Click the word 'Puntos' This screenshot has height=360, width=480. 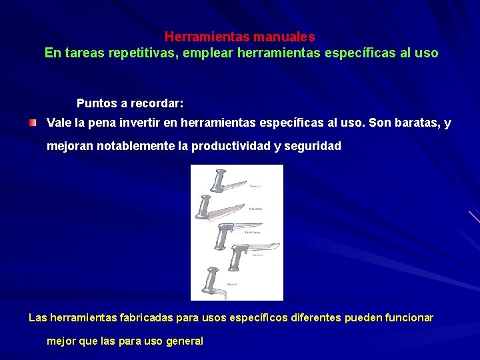(x=96, y=103)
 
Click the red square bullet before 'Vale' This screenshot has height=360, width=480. (x=33, y=123)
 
